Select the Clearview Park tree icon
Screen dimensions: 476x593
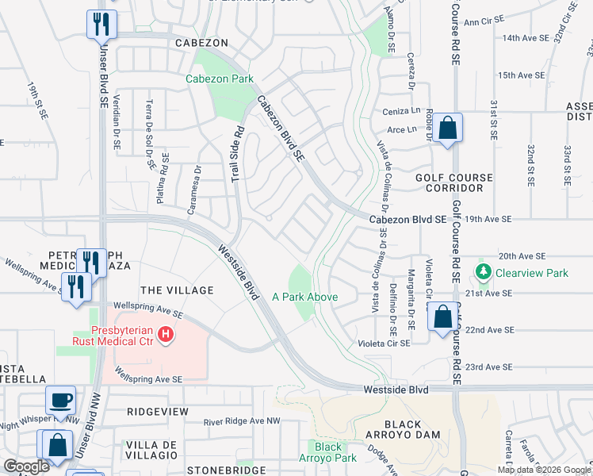[x=482, y=273]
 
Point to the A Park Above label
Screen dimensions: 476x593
[x=305, y=297]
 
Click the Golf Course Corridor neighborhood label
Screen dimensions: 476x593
[x=453, y=183]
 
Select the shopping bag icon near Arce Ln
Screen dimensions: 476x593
[x=447, y=128]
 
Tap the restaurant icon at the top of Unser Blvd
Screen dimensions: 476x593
[x=101, y=25]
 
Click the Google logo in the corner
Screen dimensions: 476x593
[x=26, y=466]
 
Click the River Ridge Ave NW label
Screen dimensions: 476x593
[x=241, y=422]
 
